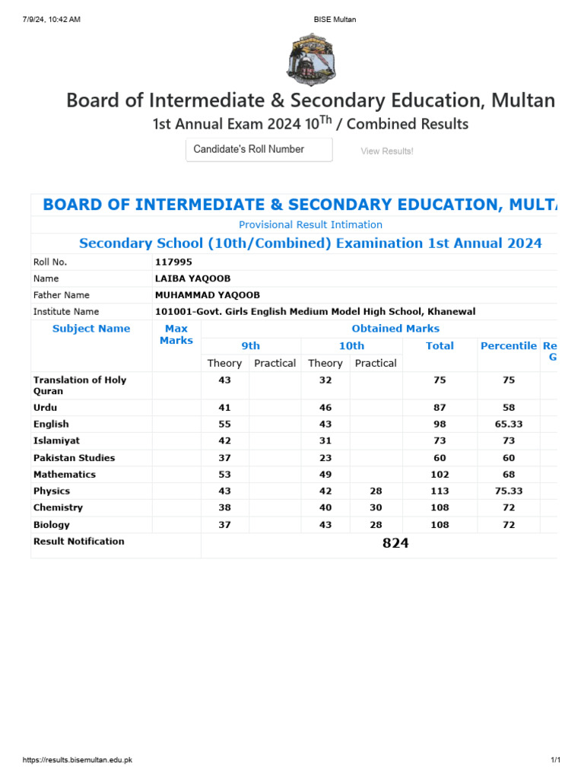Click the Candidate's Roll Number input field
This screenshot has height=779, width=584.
point(259,150)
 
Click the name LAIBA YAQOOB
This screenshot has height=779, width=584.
point(192,278)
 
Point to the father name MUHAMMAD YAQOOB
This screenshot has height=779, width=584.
point(207,295)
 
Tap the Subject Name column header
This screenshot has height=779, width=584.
point(91,329)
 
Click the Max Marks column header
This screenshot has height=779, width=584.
point(176,335)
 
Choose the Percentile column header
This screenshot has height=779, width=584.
point(508,346)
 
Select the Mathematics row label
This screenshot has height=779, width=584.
point(65,474)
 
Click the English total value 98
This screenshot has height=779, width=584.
point(440,424)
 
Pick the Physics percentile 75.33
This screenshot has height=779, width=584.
point(509,491)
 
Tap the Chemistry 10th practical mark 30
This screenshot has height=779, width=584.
point(376,507)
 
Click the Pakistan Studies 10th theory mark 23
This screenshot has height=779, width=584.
point(325,458)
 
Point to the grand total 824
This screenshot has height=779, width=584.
point(395,543)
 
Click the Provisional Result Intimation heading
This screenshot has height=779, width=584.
point(310,224)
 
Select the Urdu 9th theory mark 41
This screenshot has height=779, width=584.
point(224,408)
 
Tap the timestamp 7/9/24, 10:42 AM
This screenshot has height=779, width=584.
point(46,20)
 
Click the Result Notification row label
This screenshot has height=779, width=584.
point(79,542)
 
